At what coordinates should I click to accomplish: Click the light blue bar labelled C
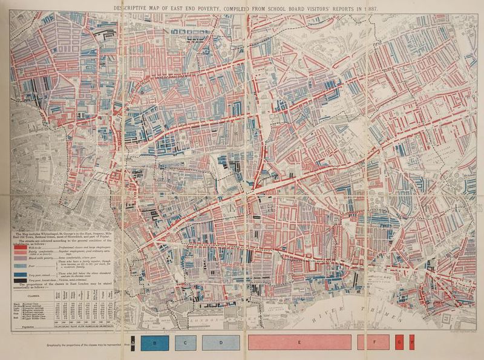click(185, 342)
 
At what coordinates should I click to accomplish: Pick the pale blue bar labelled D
click(221, 342)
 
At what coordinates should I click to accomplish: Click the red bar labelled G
click(400, 342)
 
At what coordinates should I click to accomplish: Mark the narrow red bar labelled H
click(412, 342)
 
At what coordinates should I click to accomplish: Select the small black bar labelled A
click(133, 342)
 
